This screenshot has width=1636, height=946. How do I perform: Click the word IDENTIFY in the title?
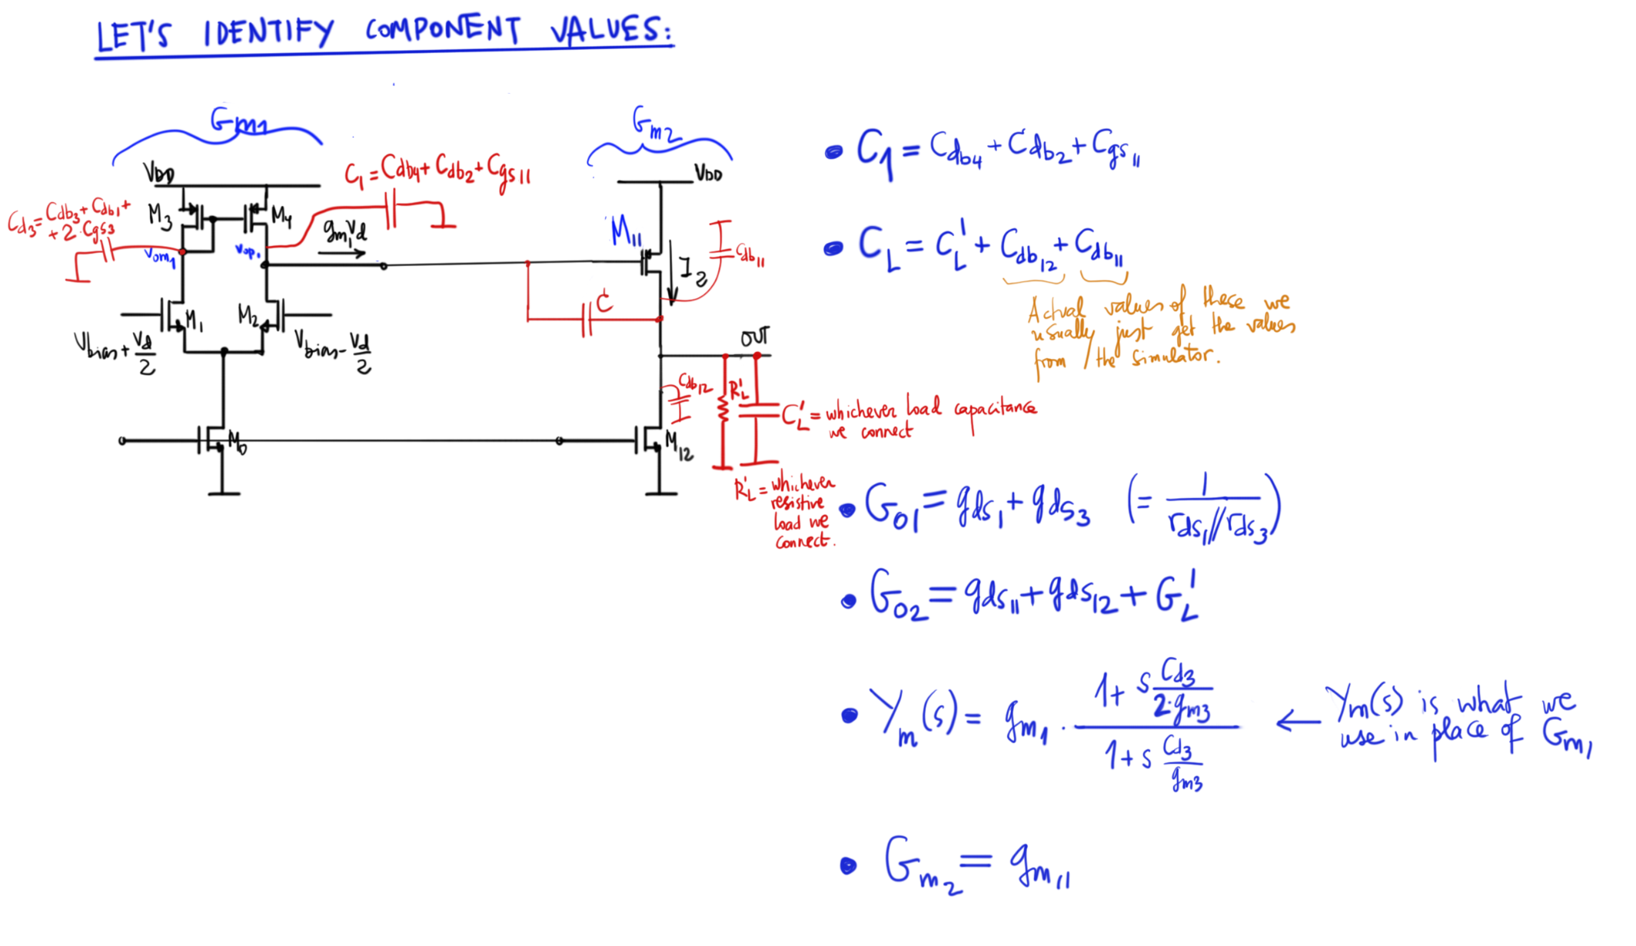pyautogui.click(x=268, y=33)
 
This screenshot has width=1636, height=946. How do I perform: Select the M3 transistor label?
pyautogui.click(x=160, y=217)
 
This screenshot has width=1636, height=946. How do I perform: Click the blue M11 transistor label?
pyautogui.click(x=626, y=231)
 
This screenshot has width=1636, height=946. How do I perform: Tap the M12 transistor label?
pyautogui.click(x=679, y=446)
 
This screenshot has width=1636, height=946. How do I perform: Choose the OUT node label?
pyautogui.click(x=754, y=337)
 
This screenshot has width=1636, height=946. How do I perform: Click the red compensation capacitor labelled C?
pyautogui.click(x=587, y=319)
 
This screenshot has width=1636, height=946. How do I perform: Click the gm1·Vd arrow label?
pyautogui.click(x=344, y=231)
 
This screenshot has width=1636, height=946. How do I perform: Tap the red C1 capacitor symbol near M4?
pyautogui.click(x=391, y=210)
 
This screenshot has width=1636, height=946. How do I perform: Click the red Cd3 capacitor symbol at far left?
pyautogui.click(x=108, y=251)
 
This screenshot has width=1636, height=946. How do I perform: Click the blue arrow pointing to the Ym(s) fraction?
pyautogui.click(x=1298, y=722)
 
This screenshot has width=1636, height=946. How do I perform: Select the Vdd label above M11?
pyautogui.click(x=708, y=174)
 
